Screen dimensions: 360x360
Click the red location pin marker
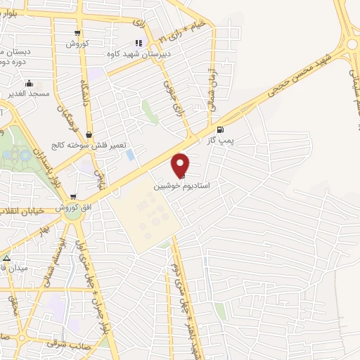181,165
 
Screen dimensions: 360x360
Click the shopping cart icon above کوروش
77,33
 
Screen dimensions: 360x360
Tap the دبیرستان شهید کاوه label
131,53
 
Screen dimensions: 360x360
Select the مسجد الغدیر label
27,93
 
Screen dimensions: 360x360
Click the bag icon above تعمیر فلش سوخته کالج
89,134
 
